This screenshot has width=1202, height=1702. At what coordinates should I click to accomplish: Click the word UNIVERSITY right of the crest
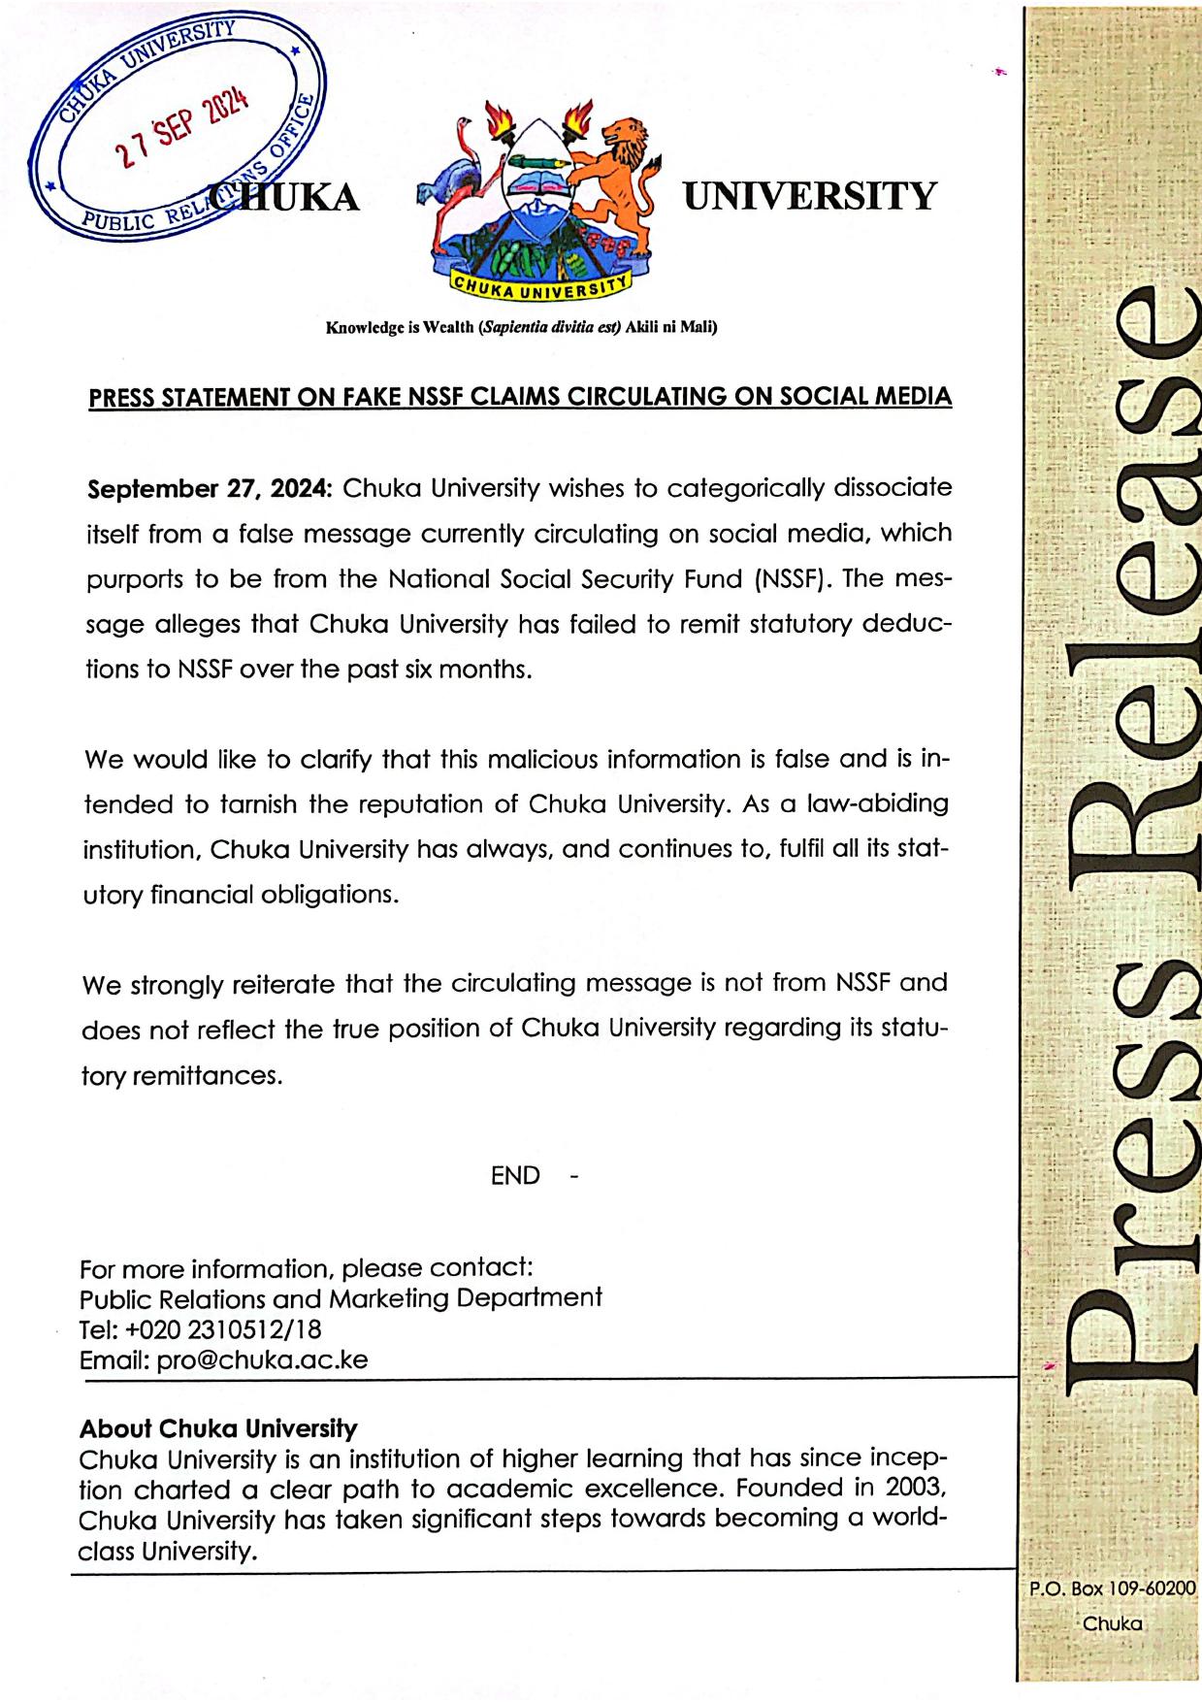(810, 197)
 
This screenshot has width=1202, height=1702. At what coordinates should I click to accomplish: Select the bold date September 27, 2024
(210, 488)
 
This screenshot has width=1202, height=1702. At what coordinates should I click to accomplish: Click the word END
(515, 1176)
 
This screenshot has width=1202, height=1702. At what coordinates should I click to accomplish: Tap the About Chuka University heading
(218, 1428)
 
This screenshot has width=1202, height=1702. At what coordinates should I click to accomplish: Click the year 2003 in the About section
(908, 1488)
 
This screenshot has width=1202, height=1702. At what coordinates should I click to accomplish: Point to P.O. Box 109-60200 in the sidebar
(1112, 1589)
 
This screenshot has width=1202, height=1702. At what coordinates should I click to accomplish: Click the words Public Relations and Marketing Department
(341, 1298)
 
